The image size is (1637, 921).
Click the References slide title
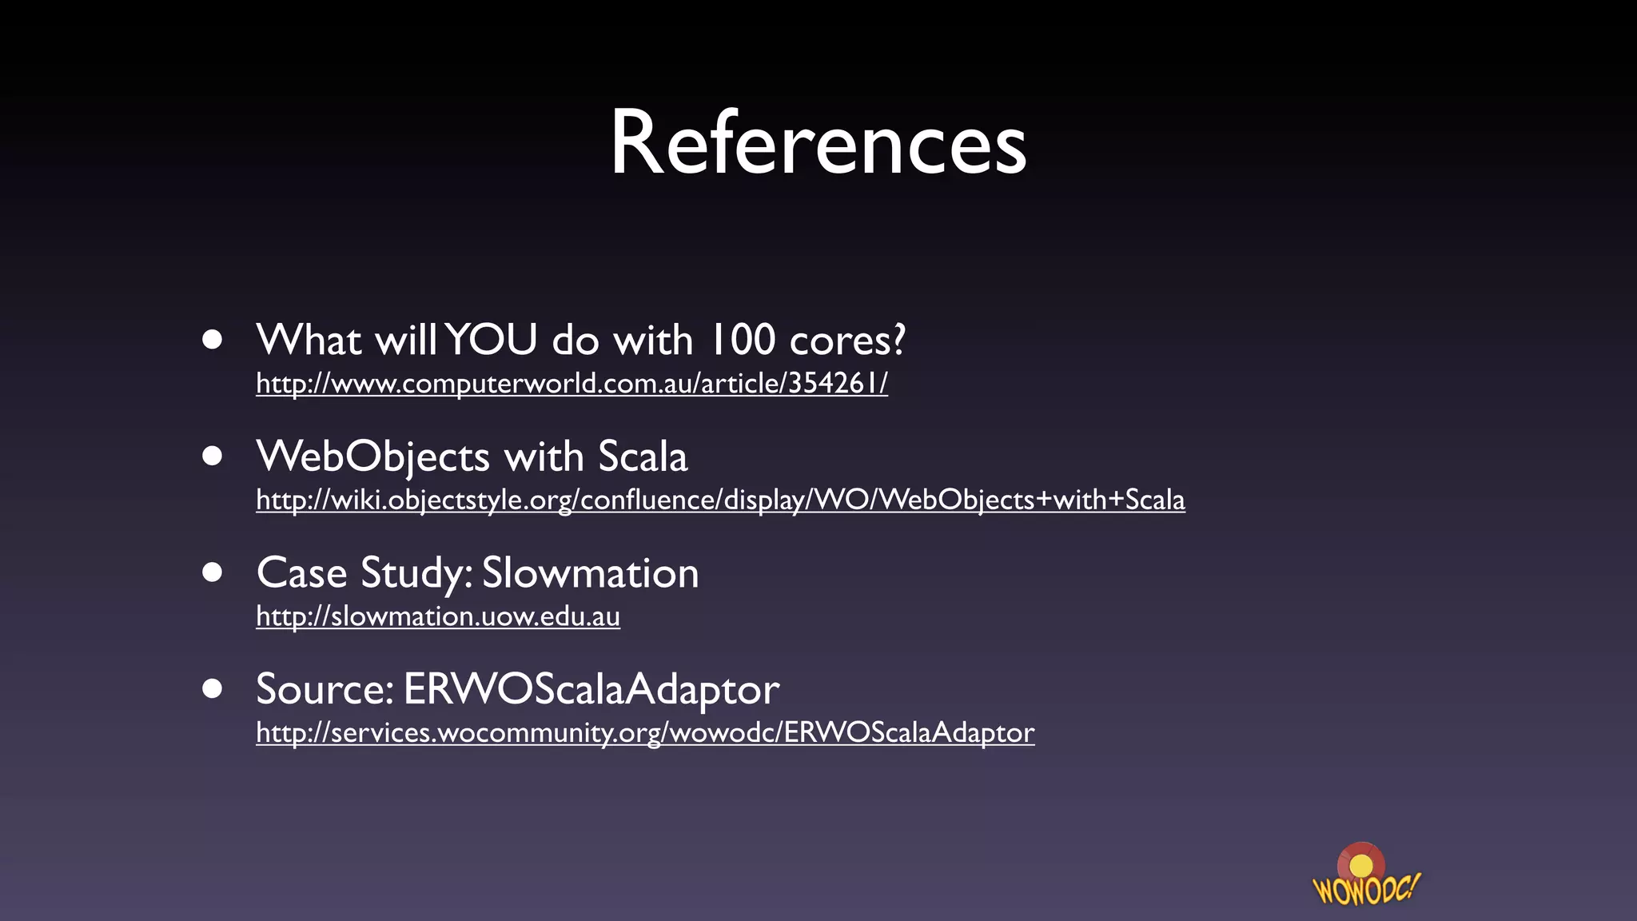[818, 143]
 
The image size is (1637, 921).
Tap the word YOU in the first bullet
[492, 340]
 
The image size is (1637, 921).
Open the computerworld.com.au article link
[572, 384]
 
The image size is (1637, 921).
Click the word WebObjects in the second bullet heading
[372, 457]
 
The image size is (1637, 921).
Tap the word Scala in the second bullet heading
[643, 457]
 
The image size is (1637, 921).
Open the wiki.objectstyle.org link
[720, 500]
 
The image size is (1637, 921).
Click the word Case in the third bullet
[301, 573]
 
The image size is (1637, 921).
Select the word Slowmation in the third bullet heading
[590, 573]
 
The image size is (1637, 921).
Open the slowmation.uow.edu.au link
[438, 616]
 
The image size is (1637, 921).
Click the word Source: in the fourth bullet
[325, 689]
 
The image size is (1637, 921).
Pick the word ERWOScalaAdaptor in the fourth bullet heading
[591, 689]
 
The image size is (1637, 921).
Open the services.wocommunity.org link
[645, 733]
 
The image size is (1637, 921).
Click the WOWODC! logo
[1365, 876]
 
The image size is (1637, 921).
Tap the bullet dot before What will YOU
[212, 340]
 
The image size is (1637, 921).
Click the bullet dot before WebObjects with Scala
[212, 456]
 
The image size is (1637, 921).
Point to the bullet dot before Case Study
[212, 572]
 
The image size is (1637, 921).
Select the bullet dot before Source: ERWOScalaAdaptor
[212, 688]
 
